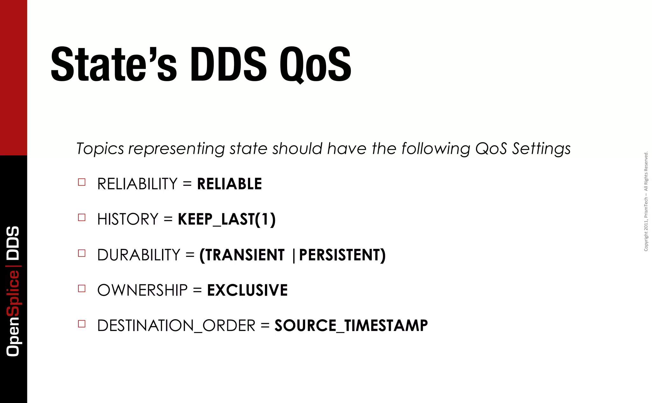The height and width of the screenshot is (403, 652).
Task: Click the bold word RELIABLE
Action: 230,184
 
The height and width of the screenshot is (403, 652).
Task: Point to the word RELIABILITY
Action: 137,184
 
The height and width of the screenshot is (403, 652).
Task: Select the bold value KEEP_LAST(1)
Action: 227,219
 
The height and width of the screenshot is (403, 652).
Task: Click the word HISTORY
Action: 128,219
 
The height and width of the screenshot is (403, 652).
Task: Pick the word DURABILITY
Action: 139,255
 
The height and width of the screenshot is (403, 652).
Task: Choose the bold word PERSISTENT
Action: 341,255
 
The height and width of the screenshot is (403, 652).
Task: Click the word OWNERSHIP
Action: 142,290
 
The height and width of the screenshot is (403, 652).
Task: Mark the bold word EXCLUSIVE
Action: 247,290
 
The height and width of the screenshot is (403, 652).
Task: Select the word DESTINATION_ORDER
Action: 176,326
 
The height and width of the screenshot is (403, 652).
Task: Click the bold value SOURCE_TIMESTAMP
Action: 351,326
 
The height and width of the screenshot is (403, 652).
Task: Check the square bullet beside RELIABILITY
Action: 82,182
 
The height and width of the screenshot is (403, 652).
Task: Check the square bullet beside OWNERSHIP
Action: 82,288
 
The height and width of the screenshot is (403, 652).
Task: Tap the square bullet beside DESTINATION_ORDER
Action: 82,324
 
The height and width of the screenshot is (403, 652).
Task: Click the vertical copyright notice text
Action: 646,201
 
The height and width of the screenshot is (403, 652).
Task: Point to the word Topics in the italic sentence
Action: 100,149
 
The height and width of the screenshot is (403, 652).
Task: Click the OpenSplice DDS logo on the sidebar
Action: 13,291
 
